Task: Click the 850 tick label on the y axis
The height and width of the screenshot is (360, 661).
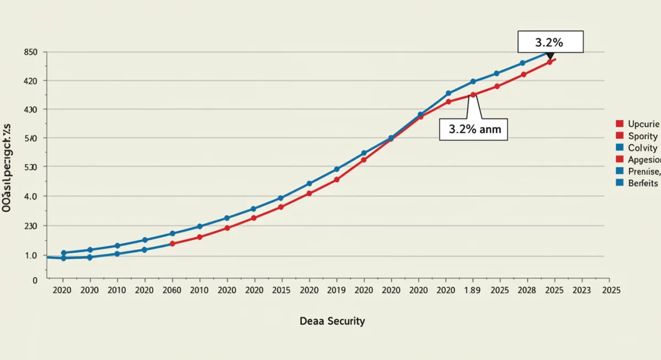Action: [x=31, y=52]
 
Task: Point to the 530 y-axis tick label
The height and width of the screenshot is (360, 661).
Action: [x=31, y=167]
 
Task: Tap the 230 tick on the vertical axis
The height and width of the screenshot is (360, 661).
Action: [x=31, y=226]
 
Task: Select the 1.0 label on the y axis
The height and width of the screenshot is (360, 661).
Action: [x=31, y=255]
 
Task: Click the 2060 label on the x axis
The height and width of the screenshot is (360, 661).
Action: [x=171, y=290]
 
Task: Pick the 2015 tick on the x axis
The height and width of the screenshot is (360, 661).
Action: [x=281, y=290]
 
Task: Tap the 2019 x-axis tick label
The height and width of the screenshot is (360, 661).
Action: [x=335, y=290]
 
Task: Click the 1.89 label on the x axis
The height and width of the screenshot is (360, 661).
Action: [x=472, y=290]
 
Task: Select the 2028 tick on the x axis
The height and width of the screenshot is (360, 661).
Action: [x=527, y=290]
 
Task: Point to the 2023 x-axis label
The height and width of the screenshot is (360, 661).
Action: [x=582, y=290]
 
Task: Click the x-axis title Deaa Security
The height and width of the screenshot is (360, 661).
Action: [x=332, y=320]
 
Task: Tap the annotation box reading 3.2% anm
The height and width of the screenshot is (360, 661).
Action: [x=474, y=130]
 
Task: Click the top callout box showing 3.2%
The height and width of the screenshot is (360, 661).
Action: [x=550, y=42]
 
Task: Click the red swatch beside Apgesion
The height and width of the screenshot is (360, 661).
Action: [x=619, y=159]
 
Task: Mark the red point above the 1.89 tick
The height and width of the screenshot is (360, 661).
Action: [x=473, y=95]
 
